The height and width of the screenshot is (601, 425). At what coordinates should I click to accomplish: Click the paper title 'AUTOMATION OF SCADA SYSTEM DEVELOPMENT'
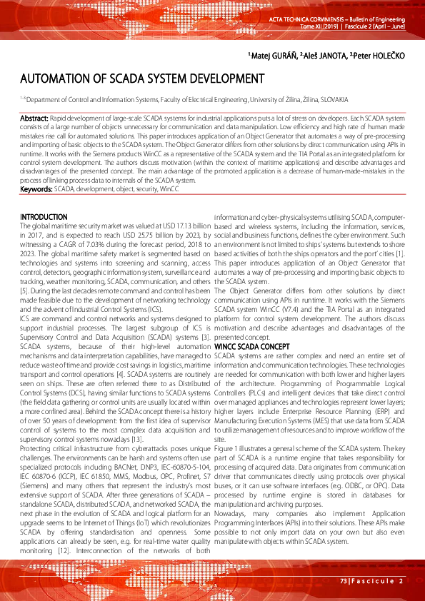coord(142,79)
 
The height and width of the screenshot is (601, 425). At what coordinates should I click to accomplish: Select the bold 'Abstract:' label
coord(34,116)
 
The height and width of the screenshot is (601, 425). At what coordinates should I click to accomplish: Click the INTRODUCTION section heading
coord(44,217)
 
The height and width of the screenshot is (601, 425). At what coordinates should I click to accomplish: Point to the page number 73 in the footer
coord(344,581)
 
